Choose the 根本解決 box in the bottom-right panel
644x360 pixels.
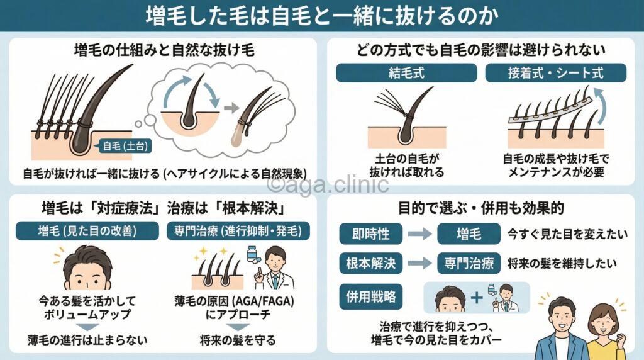coord(370,264)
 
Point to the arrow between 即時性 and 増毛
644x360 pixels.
coord(416,235)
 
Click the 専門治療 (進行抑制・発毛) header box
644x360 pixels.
coord(242,231)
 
